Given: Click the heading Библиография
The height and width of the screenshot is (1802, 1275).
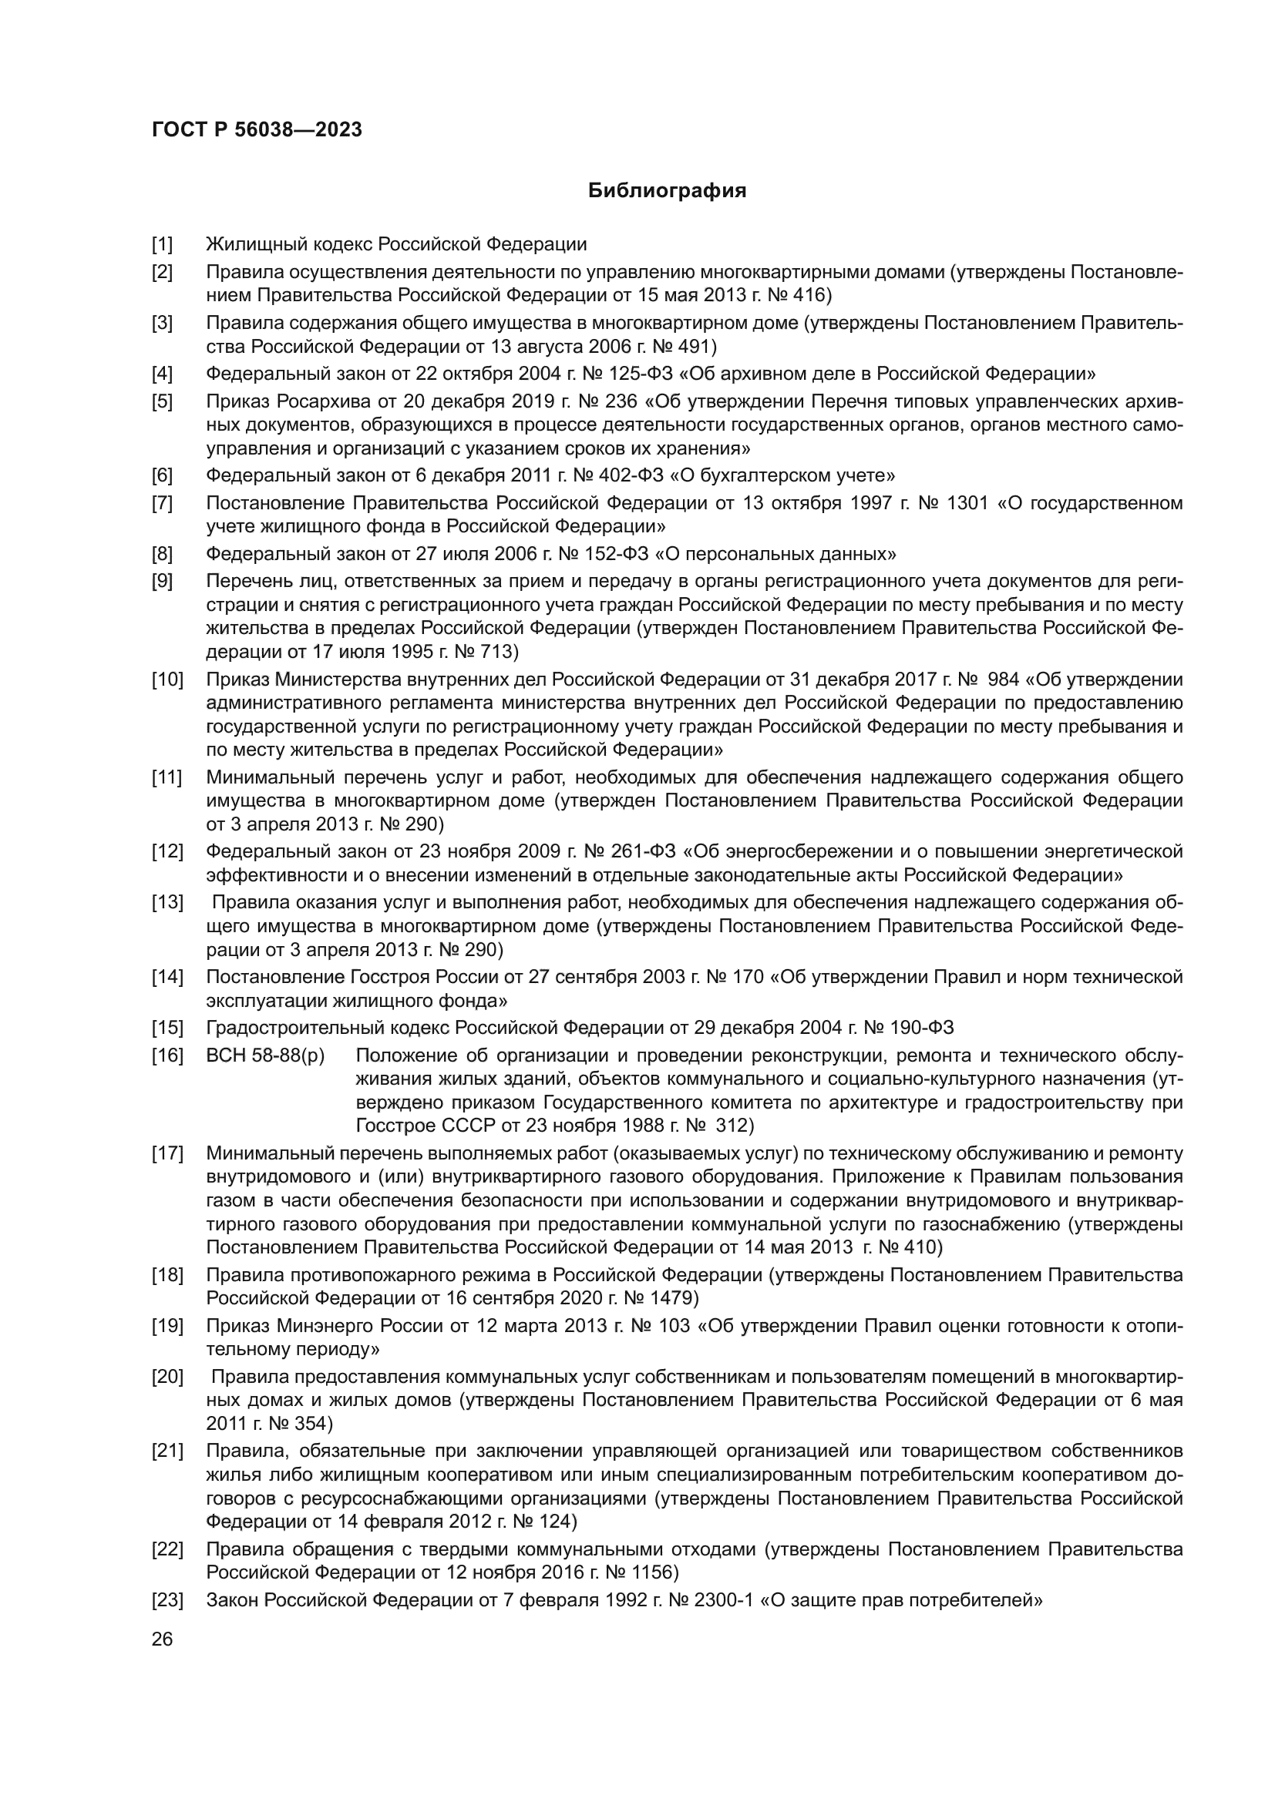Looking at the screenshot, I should tap(667, 191).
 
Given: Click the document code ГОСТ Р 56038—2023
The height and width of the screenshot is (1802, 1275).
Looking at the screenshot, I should tap(257, 129).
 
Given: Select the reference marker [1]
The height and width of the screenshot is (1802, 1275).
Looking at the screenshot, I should tap(162, 244).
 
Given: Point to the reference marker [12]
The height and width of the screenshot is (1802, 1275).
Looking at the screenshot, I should tap(167, 851).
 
